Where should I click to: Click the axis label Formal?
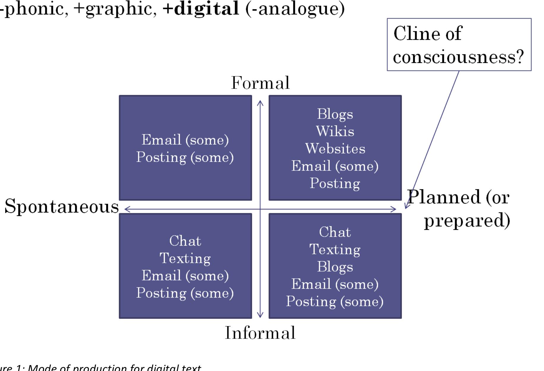coord(260,83)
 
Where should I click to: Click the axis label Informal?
coord(260,333)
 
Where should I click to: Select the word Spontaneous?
coord(62,206)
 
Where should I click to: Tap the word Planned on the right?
coord(444,197)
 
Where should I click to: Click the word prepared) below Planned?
coord(467,220)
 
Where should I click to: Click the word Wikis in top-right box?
coord(335,131)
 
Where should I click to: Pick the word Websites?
coord(335,149)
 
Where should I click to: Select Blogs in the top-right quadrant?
coord(335,114)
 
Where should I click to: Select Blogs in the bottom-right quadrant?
coord(335,266)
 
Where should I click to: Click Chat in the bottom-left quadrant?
coord(185,241)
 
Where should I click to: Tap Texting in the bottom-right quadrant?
coord(335,249)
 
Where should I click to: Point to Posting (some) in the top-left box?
coord(185,157)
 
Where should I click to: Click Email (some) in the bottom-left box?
coord(185,276)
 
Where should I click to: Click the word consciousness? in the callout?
coord(459,57)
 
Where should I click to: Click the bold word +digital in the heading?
coord(201,8)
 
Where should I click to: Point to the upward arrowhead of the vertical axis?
coord(260,102)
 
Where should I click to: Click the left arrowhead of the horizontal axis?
coord(126,209)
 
